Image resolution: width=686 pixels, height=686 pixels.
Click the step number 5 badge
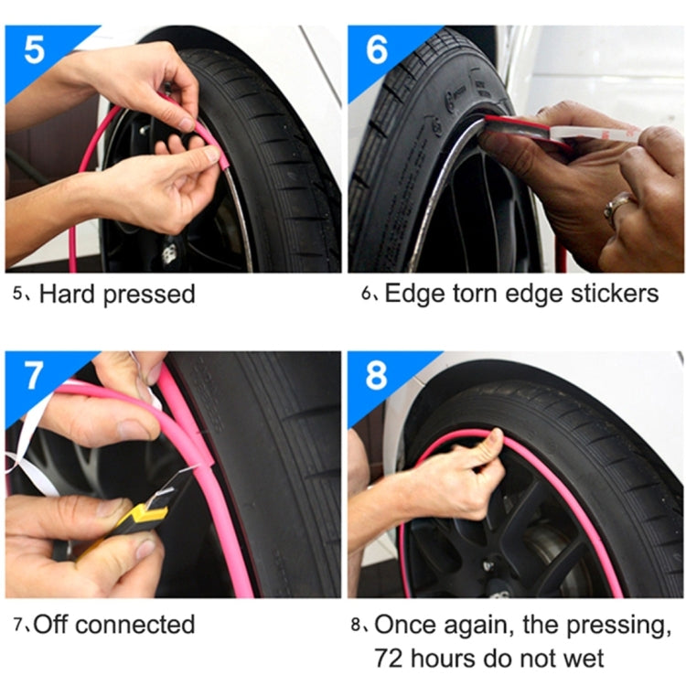click(33, 49)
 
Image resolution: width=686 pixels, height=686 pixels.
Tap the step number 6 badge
click(377, 49)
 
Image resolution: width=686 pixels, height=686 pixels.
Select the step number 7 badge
click(33, 375)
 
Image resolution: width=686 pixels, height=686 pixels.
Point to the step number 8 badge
click(377, 375)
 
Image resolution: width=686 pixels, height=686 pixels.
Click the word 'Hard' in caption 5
click(69, 295)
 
